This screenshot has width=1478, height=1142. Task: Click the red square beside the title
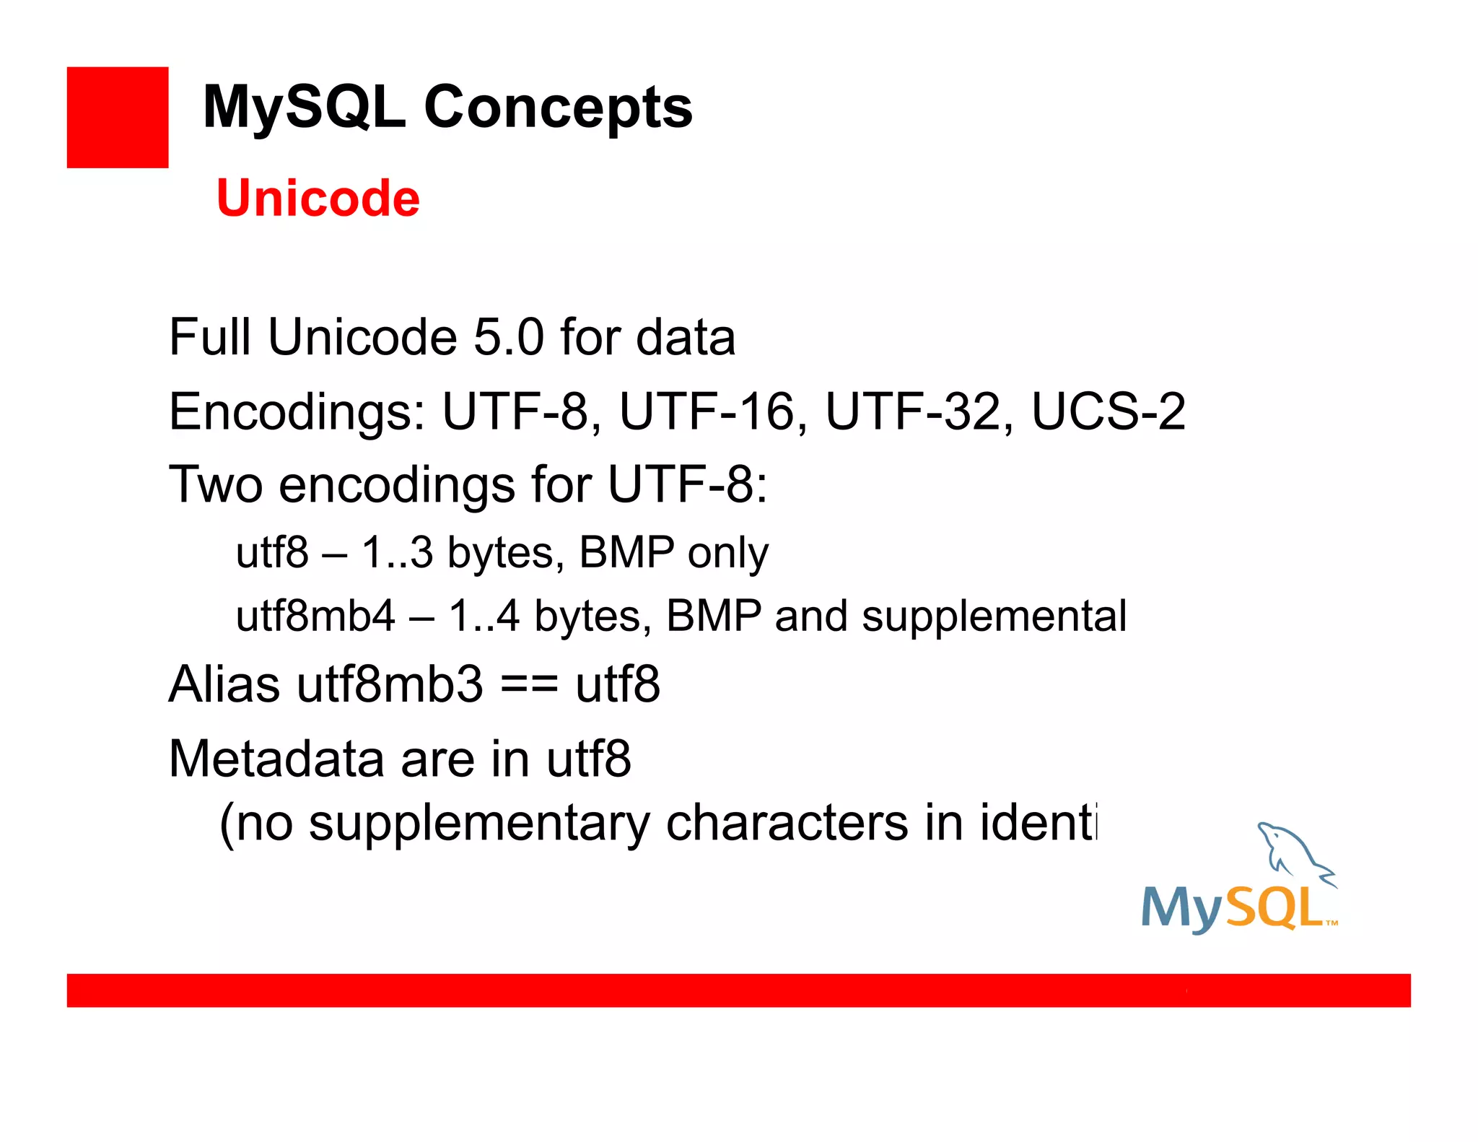[x=118, y=118]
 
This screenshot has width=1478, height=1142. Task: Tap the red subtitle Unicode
[x=318, y=199]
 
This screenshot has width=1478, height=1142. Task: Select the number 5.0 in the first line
[x=508, y=338]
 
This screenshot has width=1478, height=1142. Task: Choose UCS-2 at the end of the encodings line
[x=1108, y=412]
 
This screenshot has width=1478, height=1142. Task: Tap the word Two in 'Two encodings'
[x=215, y=484]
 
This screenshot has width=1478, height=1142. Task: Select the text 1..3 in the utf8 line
[x=397, y=553]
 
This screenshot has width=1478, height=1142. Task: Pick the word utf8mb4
[x=315, y=616]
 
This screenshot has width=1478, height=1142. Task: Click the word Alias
[x=224, y=684]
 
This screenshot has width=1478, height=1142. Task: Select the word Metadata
[x=276, y=759]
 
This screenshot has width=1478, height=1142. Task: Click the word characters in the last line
[x=787, y=823]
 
